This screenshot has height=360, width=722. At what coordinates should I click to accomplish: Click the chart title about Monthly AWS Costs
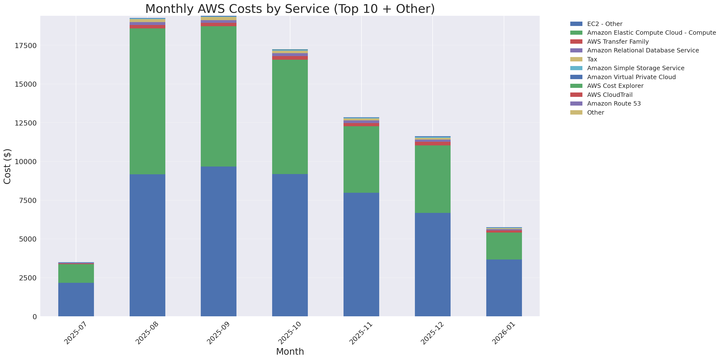[290, 9]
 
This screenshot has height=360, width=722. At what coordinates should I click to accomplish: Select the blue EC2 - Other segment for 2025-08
[147, 245]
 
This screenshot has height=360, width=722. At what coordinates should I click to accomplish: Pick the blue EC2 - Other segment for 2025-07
[76, 300]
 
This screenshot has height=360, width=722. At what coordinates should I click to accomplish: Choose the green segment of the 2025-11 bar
[361, 159]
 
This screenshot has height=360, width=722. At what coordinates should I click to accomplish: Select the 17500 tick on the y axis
[25, 45]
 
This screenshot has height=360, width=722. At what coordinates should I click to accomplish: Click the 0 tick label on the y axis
[34, 317]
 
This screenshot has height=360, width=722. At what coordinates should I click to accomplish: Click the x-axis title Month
[290, 351]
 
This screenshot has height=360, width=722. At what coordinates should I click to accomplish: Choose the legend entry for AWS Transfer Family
[618, 42]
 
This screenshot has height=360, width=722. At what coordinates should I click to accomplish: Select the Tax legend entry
[592, 59]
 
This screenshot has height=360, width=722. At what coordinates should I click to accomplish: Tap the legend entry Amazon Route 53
[614, 104]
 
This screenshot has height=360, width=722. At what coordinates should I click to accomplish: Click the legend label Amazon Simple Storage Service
[635, 68]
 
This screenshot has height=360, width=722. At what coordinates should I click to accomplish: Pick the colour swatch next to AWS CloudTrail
[576, 95]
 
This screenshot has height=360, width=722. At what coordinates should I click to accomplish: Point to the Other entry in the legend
[595, 112]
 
